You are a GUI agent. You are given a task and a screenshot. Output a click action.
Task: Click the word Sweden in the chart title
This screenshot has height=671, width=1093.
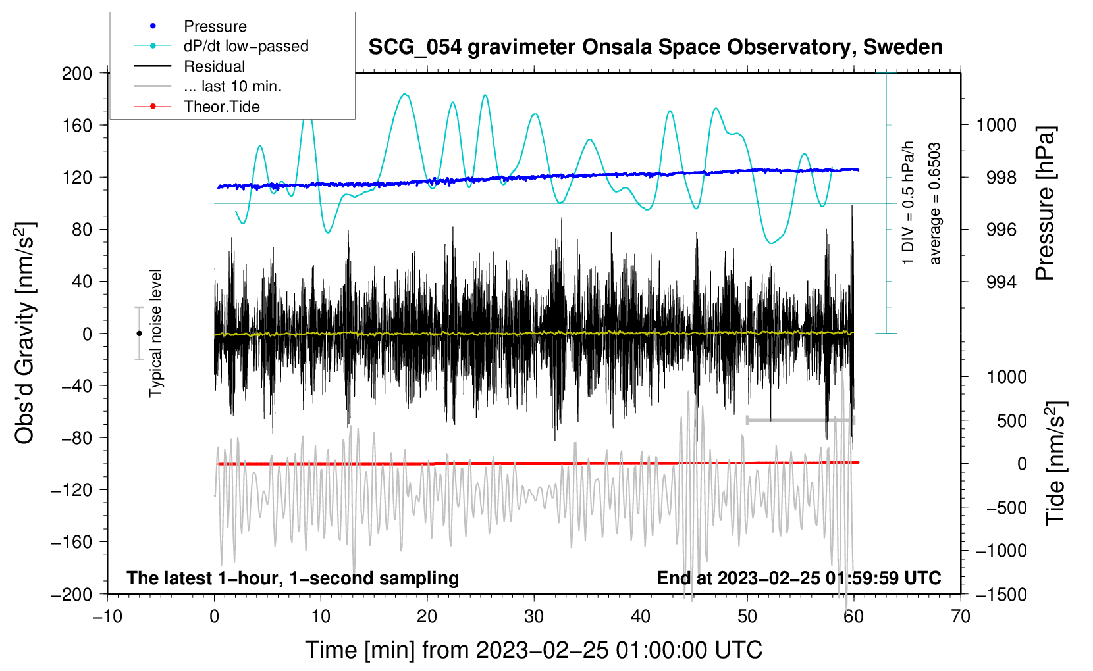coord(902,47)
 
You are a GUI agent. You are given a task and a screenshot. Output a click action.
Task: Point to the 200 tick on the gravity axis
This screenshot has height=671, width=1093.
coord(76,74)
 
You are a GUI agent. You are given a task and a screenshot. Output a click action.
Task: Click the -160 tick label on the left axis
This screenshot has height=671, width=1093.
coord(72,542)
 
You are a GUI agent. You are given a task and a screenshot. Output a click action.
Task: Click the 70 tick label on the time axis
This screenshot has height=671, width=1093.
coord(960,617)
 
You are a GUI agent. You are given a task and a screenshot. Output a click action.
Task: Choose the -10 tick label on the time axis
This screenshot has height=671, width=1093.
coord(107,617)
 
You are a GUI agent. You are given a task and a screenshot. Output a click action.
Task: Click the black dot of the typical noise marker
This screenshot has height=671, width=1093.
coord(139,334)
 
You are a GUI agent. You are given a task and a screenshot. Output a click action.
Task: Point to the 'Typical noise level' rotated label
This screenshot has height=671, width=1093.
coord(155,334)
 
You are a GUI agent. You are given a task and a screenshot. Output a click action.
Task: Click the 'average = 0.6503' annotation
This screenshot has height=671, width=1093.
coord(934,204)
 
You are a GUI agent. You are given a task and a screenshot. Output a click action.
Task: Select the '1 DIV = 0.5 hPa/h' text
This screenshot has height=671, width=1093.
coord(907,203)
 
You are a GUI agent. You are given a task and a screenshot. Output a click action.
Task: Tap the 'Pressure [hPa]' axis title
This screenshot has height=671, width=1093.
coord(1044,203)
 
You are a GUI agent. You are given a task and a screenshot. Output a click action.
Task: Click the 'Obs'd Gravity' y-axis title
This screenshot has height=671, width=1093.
coord(24,334)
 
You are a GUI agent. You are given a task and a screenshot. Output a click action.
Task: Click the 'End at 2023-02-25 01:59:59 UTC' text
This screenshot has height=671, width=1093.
coord(799,578)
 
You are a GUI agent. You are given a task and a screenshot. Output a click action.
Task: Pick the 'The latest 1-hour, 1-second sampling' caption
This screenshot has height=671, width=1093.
coord(293,578)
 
